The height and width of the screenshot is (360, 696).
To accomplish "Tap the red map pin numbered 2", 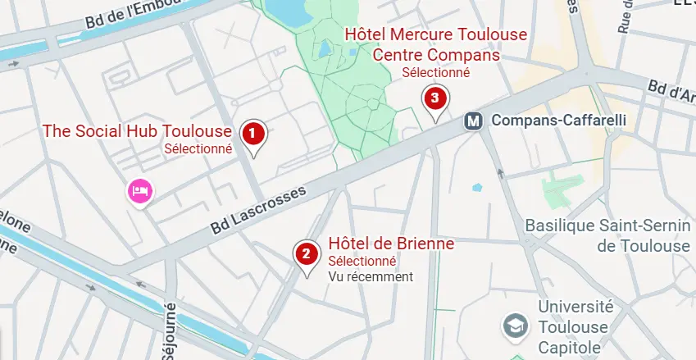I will tap(306, 253).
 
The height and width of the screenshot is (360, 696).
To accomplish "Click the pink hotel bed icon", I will tap(139, 192).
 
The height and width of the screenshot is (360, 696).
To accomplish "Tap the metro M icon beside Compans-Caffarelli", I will tap(473, 121).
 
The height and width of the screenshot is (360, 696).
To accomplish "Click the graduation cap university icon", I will tap(516, 325).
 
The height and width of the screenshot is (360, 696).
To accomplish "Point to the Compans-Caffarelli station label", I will tap(558, 121).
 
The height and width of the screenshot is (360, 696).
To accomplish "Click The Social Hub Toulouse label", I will tap(137, 131).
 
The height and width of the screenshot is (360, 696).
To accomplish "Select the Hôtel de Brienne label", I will tap(391, 244).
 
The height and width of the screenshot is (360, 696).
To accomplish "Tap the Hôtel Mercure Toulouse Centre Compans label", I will tap(435, 45).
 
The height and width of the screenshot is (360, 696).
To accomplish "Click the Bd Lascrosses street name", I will tap(257, 209).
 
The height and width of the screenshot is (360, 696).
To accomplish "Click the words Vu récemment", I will tap(371, 277).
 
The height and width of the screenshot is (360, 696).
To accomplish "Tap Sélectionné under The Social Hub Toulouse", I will tap(198, 149).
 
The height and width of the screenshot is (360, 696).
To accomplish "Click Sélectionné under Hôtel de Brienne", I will tap(362, 261).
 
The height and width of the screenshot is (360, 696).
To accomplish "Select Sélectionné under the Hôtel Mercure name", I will tap(435, 72).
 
